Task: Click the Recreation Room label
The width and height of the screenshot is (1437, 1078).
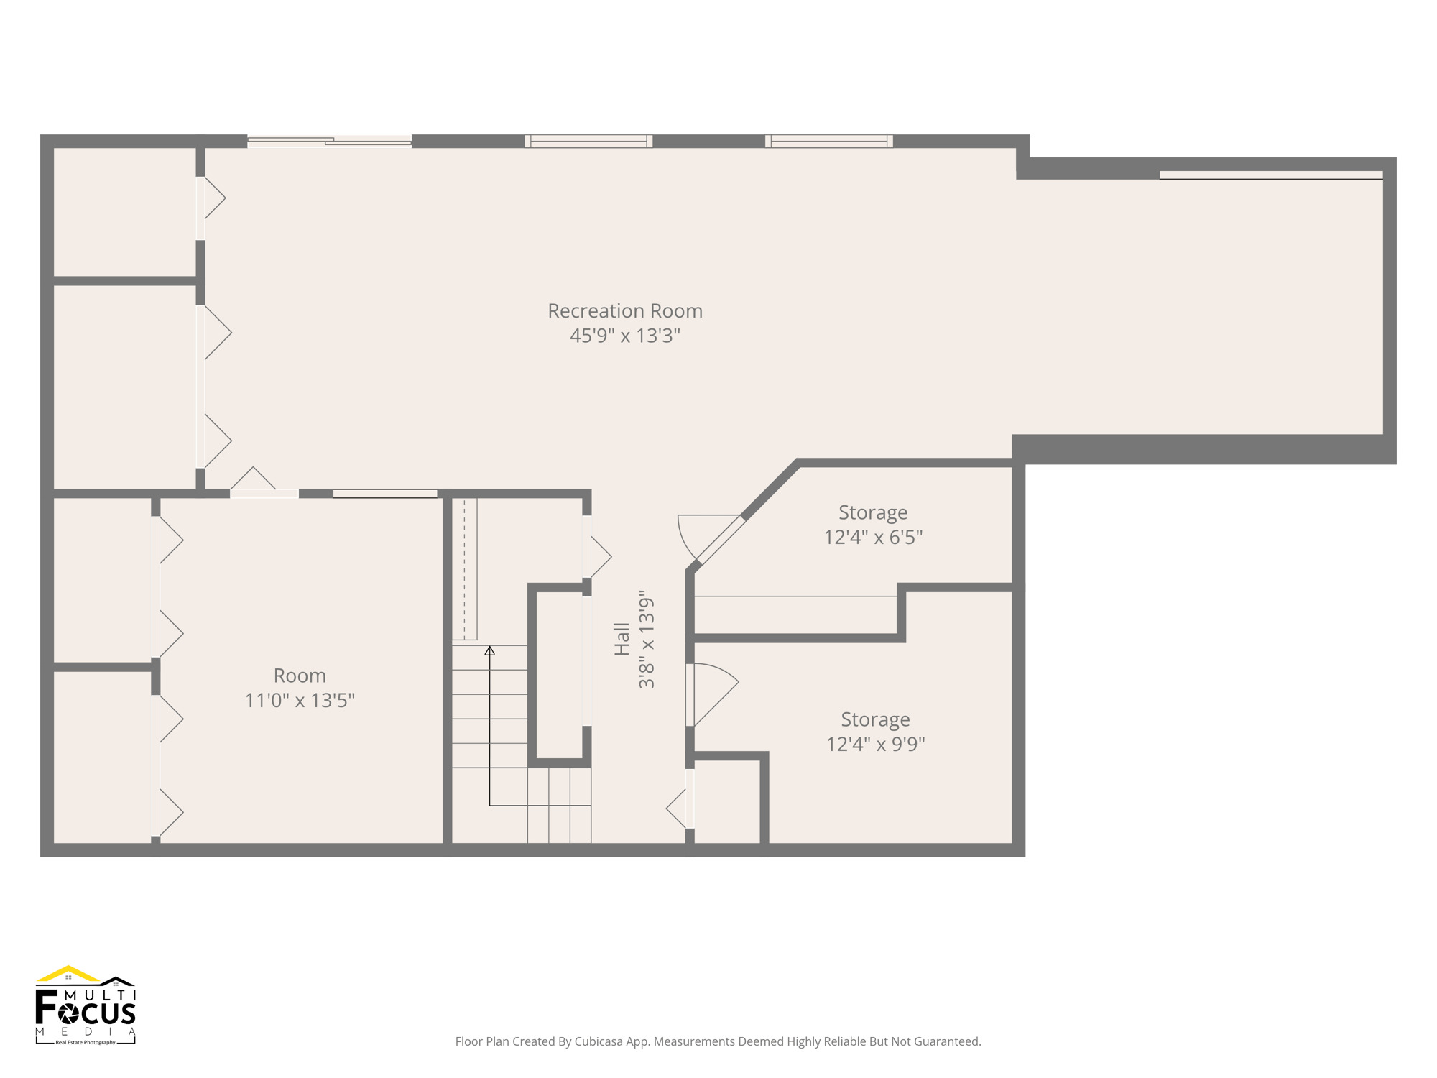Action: point(625,311)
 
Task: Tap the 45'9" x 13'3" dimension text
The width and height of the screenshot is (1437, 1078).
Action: point(625,336)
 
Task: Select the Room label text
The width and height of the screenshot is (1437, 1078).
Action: point(300,676)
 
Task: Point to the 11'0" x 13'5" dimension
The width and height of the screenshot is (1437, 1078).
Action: point(300,700)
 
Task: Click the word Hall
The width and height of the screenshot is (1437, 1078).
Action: point(622,639)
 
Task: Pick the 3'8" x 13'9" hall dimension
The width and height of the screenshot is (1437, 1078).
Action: point(647,640)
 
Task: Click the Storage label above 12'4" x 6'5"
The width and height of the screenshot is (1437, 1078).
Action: point(873,513)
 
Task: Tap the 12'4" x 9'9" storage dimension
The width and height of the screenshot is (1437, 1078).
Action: point(875,744)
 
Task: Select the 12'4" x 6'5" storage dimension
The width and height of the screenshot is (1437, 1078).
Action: point(873,537)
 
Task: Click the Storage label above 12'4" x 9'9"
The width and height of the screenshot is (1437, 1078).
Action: point(875,719)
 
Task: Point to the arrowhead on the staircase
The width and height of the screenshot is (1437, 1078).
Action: point(489,650)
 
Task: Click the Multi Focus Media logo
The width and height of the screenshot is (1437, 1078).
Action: point(86,1005)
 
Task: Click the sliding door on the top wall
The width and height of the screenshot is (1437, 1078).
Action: point(329,142)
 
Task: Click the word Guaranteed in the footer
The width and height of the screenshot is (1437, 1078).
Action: point(948,1041)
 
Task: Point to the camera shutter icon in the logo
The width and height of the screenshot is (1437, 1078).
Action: point(70,1013)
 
